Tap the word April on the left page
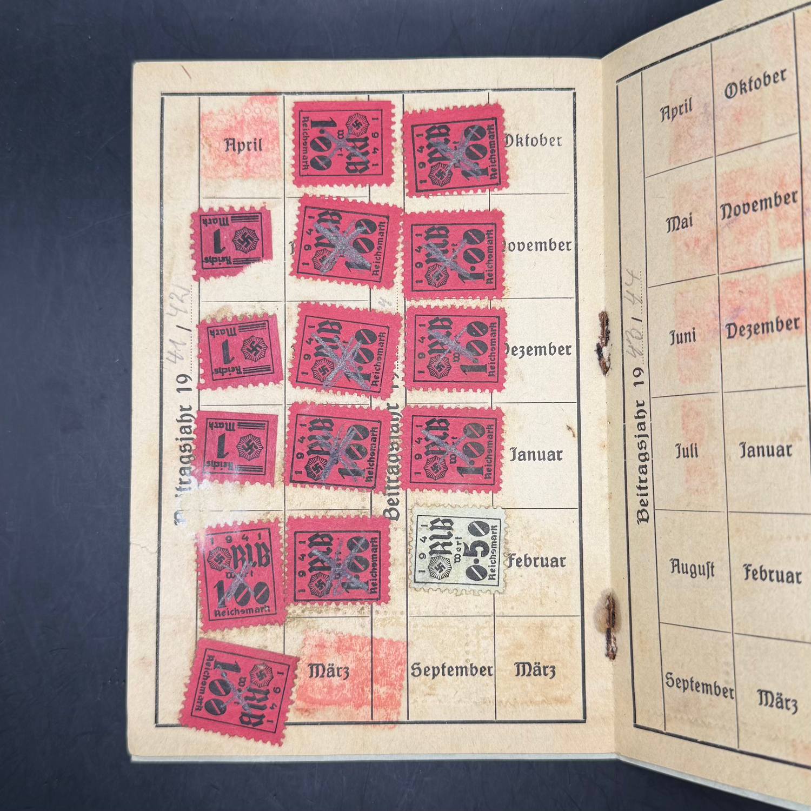[x=243, y=145]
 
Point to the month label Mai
[x=679, y=221]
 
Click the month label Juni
[x=683, y=336]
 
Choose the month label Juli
[x=687, y=450]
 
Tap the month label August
[x=693, y=568]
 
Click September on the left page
[x=451, y=670]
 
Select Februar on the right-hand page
[x=772, y=574]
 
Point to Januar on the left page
[x=536, y=455]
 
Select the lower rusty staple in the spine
[x=610, y=624]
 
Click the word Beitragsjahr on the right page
[x=642, y=462]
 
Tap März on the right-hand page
[x=777, y=701]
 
